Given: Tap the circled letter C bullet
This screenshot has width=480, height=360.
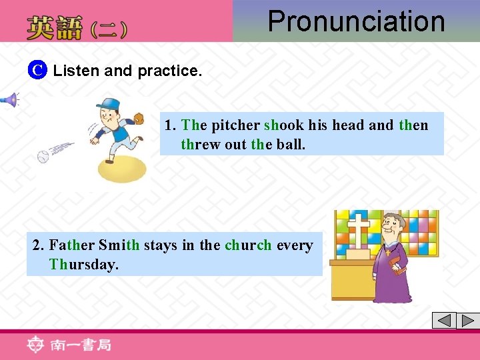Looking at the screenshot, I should pyautogui.click(x=39, y=70).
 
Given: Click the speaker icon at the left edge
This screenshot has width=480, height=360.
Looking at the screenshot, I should pyautogui.click(x=9, y=101).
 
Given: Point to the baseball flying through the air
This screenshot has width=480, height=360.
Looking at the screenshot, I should pyautogui.click(x=43, y=158).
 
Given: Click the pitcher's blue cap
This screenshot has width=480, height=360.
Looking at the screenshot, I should pyautogui.click(x=107, y=105).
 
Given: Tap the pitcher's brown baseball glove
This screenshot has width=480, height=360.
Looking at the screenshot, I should pyautogui.click(x=139, y=119).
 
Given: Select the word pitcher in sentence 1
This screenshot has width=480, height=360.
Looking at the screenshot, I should pyautogui.click(x=235, y=125).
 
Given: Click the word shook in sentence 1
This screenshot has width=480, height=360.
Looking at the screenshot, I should pyautogui.click(x=283, y=125).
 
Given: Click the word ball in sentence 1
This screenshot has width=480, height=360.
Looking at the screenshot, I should pyautogui.click(x=290, y=144).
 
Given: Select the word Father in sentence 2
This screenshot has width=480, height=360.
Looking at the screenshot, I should pyautogui.click(x=71, y=245).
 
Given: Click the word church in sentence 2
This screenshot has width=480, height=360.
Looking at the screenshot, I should pyautogui.click(x=248, y=245).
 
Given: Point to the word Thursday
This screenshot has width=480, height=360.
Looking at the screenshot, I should pyautogui.click(x=83, y=264).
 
